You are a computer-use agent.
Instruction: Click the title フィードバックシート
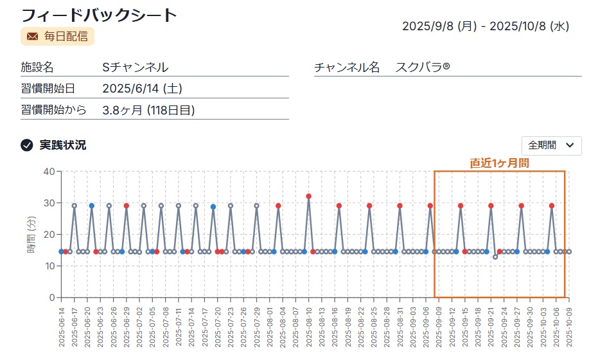click(99, 15)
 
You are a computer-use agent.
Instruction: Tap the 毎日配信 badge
click(57, 36)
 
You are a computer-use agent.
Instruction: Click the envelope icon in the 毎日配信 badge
click(32, 36)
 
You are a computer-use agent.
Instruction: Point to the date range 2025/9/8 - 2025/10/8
click(486, 26)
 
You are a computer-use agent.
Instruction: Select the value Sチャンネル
click(136, 67)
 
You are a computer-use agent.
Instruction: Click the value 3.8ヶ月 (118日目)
click(148, 110)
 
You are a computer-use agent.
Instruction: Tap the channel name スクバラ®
click(423, 67)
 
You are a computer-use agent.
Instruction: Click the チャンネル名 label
click(347, 67)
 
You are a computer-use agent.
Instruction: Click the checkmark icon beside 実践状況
click(27, 145)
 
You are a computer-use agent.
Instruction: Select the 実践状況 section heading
click(63, 145)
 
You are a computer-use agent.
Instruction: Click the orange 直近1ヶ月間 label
click(499, 163)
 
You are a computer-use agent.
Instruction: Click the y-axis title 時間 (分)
click(31, 235)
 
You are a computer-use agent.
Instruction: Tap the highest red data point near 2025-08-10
click(309, 196)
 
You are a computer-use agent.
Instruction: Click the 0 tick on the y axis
click(52, 298)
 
